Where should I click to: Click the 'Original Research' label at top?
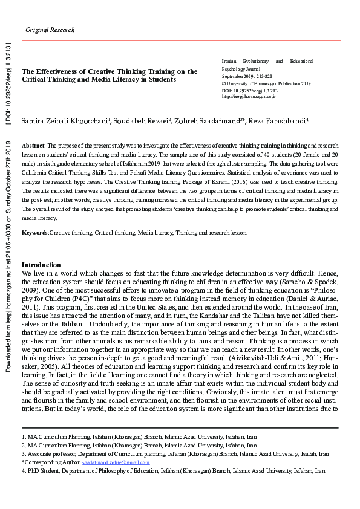[x=50, y=30]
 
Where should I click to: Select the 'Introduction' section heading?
[x=41, y=265]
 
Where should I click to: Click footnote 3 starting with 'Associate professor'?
[x=175, y=453]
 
